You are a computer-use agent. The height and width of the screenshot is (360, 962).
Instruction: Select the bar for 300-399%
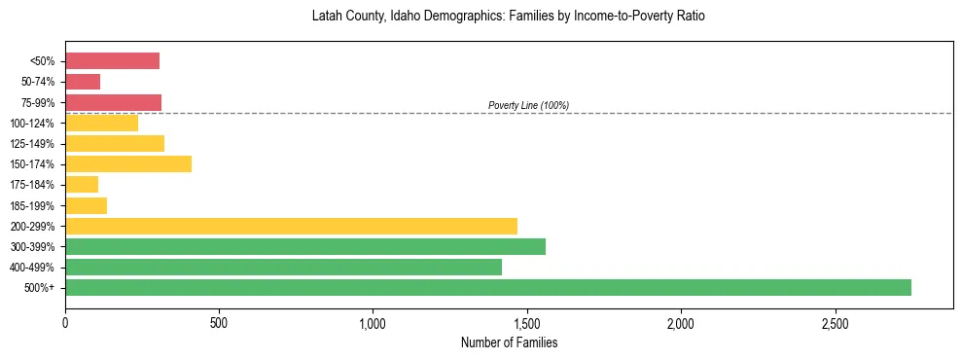(305, 246)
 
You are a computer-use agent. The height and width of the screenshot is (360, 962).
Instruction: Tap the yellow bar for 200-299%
(291, 226)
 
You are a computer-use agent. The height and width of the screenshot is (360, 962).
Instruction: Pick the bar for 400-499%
(283, 267)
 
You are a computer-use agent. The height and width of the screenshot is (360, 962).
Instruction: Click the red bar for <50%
(112, 61)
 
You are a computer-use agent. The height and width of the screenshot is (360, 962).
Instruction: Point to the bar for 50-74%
(83, 82)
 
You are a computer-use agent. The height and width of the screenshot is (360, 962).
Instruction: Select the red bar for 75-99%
(113, 102)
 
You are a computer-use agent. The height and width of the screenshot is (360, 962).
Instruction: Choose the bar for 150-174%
(128, 163)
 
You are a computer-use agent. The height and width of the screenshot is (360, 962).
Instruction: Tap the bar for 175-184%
(82, 184)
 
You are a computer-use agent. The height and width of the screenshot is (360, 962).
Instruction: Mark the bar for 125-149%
(115, 143)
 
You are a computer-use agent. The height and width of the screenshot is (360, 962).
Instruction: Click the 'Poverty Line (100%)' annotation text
(528, 105)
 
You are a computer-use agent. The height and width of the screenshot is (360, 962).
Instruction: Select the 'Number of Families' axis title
(508, 342)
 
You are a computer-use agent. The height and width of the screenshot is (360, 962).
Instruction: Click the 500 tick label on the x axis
(219, 322)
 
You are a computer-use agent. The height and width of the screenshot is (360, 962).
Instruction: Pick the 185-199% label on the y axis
(34, 205)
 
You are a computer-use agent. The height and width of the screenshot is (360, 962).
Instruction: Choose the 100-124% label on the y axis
(34, 124)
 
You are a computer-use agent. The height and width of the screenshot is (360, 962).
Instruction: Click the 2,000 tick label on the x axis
(681, 322)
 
